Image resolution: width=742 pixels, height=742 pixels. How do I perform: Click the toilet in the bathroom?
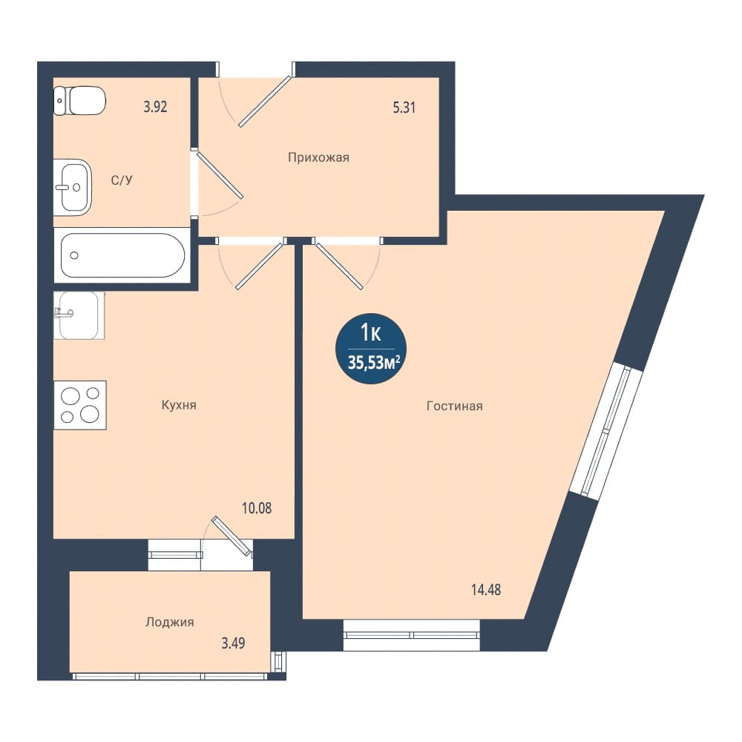point(79,100)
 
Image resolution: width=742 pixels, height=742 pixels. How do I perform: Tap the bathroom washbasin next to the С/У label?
point(73,187)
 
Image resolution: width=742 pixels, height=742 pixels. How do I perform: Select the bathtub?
point(122,255)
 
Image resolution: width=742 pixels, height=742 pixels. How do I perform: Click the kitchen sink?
point(79,315)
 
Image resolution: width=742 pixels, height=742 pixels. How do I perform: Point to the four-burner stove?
point(80,405)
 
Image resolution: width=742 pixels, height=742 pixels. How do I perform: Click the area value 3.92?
point(155,106)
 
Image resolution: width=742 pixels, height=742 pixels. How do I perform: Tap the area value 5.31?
point(404,108)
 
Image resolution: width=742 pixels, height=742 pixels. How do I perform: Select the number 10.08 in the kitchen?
point(257,508)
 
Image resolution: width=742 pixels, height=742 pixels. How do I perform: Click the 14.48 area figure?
point(485,590)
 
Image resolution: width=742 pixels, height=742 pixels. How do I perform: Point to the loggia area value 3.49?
point(233,643)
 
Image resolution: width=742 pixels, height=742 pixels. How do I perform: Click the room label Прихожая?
point(318,157)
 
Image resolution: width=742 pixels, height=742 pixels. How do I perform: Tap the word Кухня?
point(179,405)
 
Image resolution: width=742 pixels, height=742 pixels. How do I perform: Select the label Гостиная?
point(455,406)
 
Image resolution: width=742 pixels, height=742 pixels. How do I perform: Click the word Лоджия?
point(169,623)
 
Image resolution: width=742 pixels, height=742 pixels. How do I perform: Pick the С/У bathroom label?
point(122,180)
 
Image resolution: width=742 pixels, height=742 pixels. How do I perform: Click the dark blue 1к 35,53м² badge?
point(371,349)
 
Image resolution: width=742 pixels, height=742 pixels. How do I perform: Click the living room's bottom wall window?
point(412,634)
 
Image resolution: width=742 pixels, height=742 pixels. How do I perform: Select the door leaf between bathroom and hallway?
point(220,174)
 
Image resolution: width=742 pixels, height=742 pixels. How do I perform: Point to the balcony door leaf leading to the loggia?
point(232,535)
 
